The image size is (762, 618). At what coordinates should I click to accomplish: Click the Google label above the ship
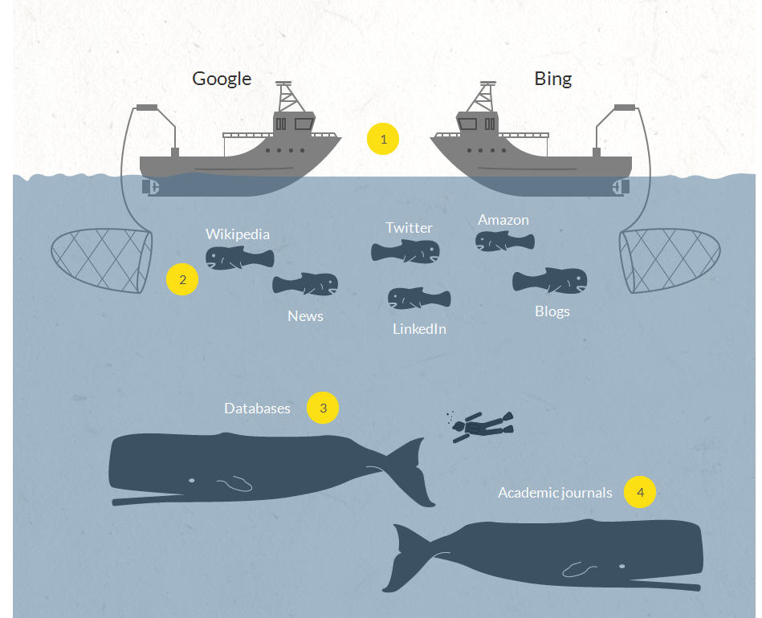tap(222, 79)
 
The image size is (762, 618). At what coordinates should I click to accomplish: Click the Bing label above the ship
tap(552, 79)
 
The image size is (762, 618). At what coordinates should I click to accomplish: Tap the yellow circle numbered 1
tap(383, 139)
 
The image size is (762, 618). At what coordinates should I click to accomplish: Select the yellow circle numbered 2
tap(182, 280)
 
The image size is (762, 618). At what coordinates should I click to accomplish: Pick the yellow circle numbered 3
tap(323, 408)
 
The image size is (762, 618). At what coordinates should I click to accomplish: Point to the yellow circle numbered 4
tap(640, 492)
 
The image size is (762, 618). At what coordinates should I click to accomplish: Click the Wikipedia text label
tap(238, 234)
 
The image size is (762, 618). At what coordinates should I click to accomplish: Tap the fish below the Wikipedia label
tap(239, 258)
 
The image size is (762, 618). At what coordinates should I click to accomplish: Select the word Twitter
tap(409, 228)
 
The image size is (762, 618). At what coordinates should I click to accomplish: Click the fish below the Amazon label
tap(504, 241)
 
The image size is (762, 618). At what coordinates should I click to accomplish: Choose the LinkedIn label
tap(419, 329)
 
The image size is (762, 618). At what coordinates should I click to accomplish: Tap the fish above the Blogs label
tap(550, 281)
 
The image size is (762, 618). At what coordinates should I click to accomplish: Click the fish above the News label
tap(305, 284)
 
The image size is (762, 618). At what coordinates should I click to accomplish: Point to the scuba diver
tap(480, 425)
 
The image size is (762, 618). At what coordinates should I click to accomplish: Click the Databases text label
tap(257, 409)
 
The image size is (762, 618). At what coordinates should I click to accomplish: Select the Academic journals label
tap(555, 493)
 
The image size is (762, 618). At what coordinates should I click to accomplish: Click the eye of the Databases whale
tap(191, 480)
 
